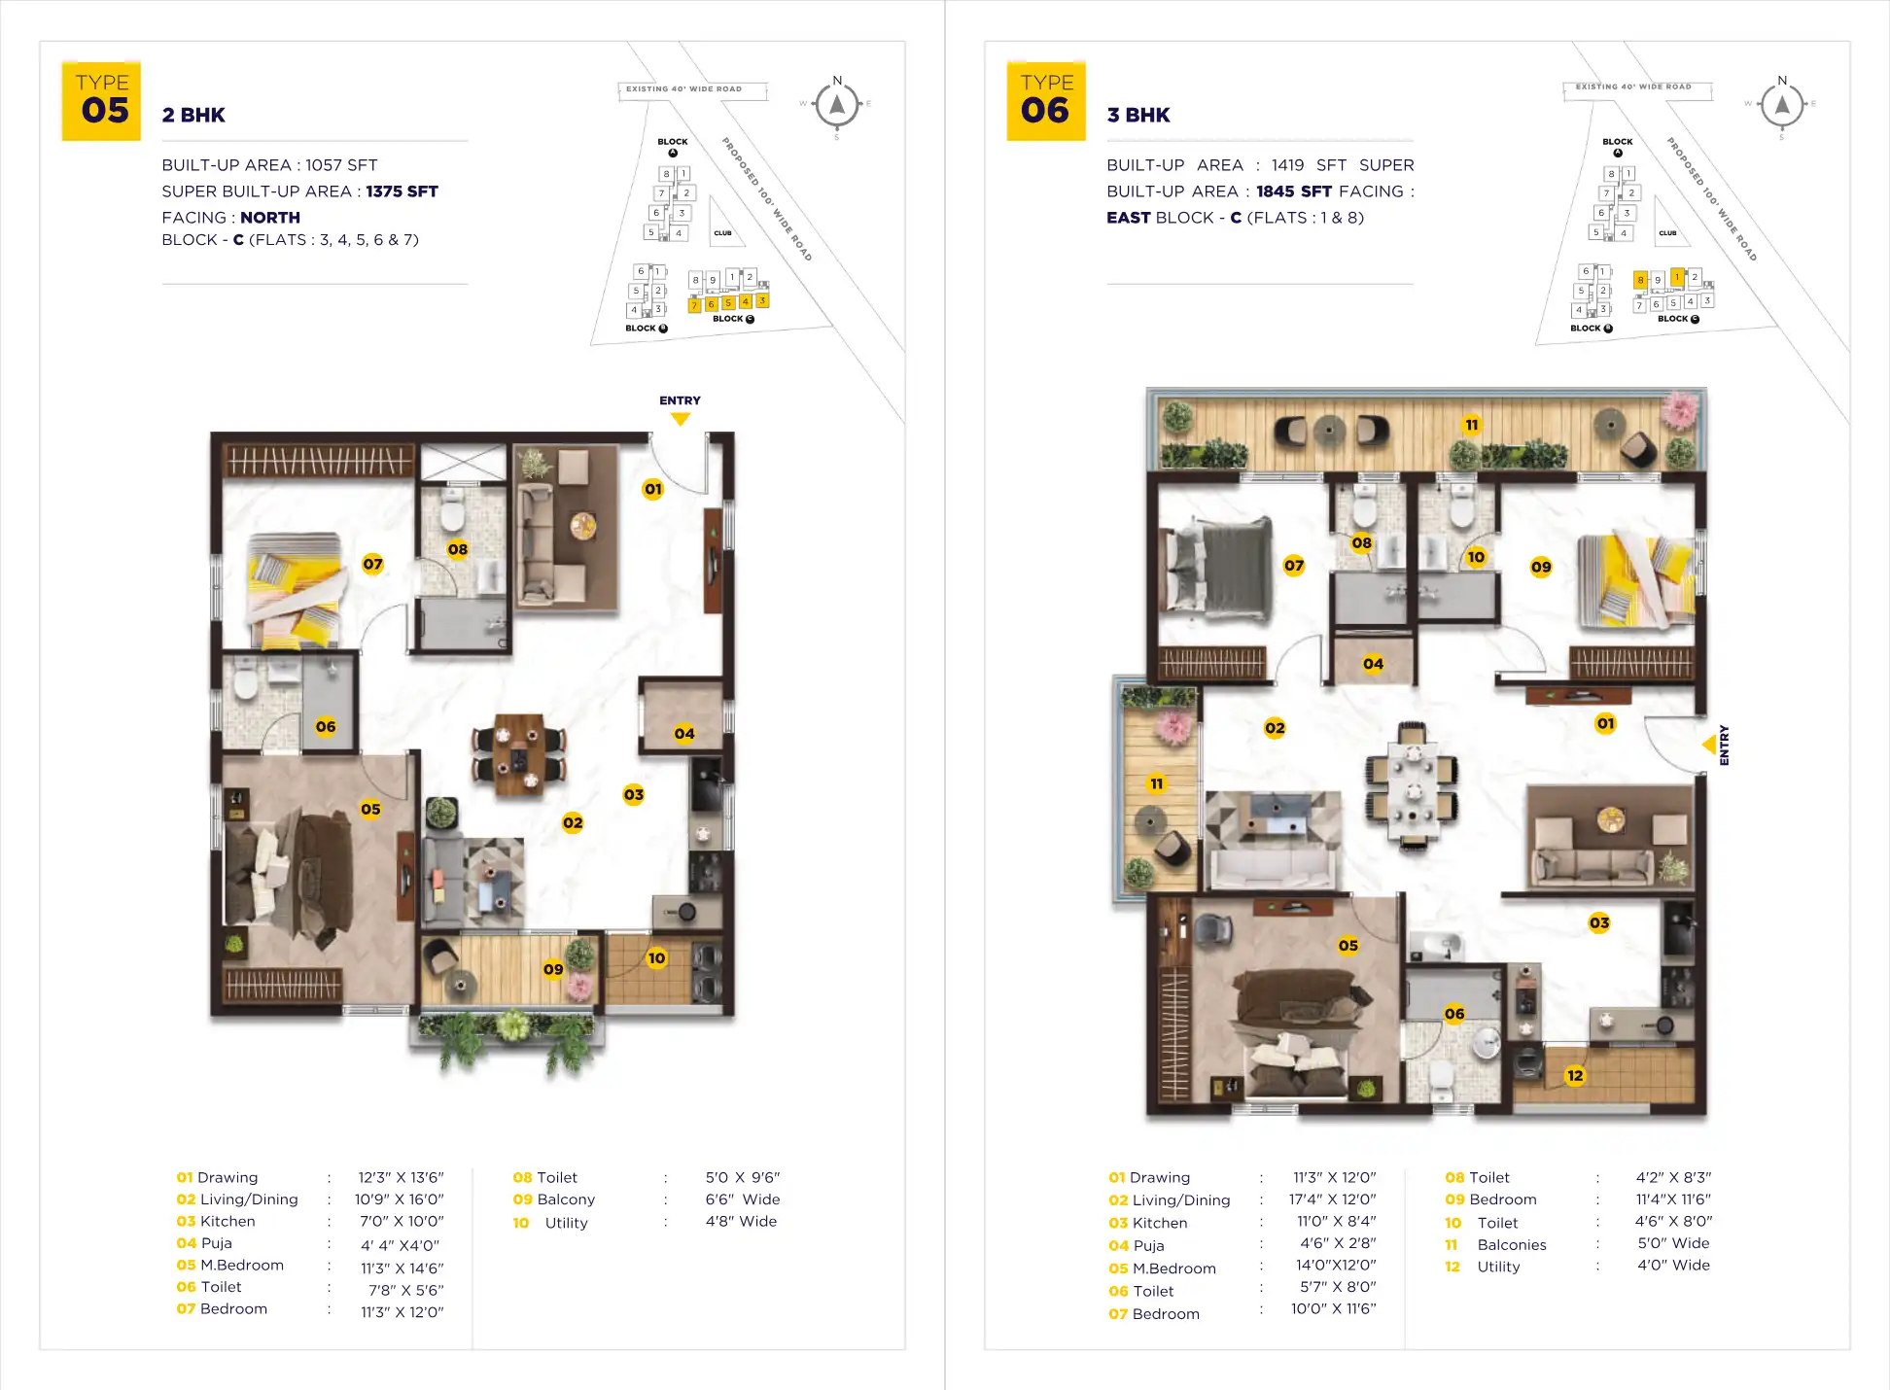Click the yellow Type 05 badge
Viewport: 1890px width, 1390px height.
tap(102, 101)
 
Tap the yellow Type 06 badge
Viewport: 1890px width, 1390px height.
tap(1046, 101)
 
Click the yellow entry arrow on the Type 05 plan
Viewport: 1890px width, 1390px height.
tap(681, 419)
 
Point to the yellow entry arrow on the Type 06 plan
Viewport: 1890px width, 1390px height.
tap(1709, 745)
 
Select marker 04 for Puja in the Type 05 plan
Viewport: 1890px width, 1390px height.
tap(684, 734)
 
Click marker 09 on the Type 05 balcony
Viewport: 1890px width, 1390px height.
tap(553, 969)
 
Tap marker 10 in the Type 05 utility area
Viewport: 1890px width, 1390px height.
tap(657, 958)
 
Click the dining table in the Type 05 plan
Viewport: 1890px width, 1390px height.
tap(518, 755)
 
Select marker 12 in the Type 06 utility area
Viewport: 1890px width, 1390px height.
tap(1575, 1075)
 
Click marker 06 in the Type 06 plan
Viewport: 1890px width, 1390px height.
tap(1454, 1014)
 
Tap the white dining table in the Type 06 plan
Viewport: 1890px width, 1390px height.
tap(1412, 782)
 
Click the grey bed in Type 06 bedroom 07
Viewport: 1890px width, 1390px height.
tap(1226, 570)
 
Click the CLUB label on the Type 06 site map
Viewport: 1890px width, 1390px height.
tap(1667, 233)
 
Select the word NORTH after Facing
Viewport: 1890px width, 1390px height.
tap(270, 218)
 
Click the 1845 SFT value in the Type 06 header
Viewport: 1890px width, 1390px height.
tap(1293, 191)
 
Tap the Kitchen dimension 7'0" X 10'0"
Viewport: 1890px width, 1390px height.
tap(402, 1222)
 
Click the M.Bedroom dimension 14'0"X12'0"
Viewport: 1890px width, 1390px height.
tap(1336, 1266)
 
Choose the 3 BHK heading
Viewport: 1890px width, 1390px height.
tap(1138, 115)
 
